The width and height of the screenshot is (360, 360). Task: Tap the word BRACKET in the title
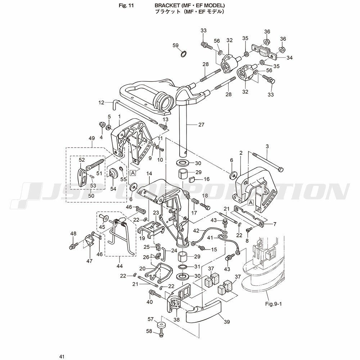(168, 6)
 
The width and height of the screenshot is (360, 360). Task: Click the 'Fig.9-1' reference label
(273, 303)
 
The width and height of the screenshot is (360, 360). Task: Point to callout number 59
(175, 45)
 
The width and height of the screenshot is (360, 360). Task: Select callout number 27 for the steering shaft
(201, 125)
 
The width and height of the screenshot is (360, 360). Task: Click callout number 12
(101, 103)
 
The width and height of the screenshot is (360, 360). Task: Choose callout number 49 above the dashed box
(92, 138)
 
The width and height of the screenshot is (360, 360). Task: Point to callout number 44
(120, 266)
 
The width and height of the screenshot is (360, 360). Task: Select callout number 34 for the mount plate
(289, 57)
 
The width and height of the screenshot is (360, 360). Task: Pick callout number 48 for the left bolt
(73, 234)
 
